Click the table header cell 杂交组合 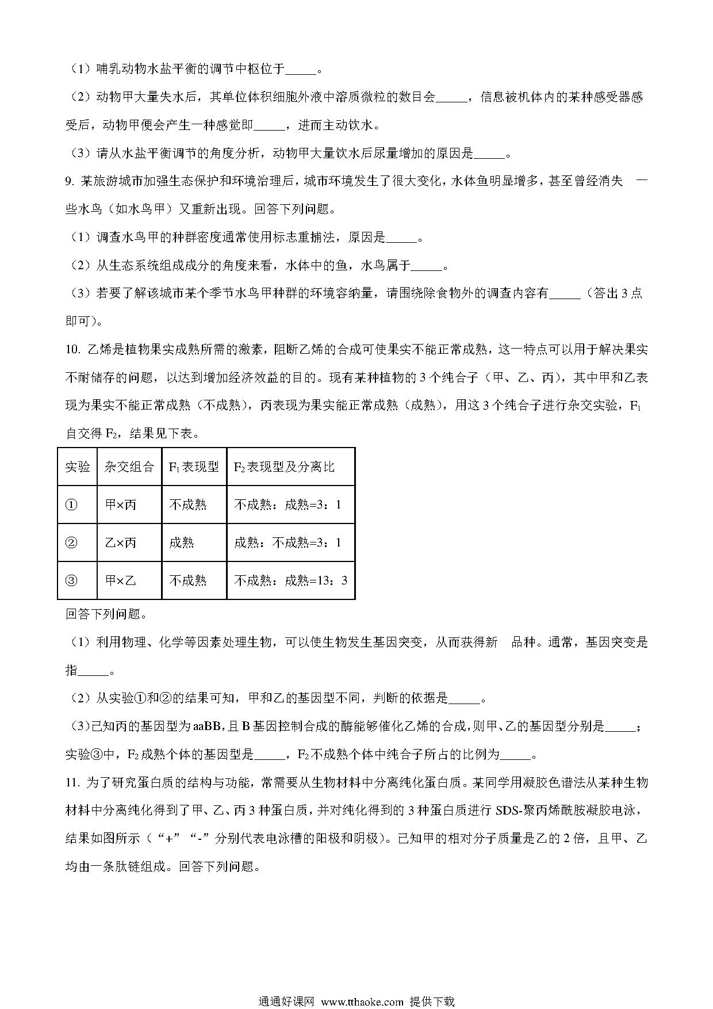pyautogui.click(x=129, y=467)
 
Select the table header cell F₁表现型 pyautogui.click(x=194, y=467)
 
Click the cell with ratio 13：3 pyautogui.click(x=290, y=580)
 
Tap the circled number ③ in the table pyautogui.click(x=71, y=580)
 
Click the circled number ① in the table pyautogui.click(x=71, y=504)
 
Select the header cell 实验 pyautogui.click(x=78, y=467)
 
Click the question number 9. pyautogui.click(x=69, y=182)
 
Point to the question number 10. pyautogui.click(x=72, y=350)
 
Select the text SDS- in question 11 pyautogui.click(x=508, y=811)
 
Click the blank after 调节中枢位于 pyautogui.click(x=301, y=70)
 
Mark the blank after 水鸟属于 pyautogui.click(x=427, y=266)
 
